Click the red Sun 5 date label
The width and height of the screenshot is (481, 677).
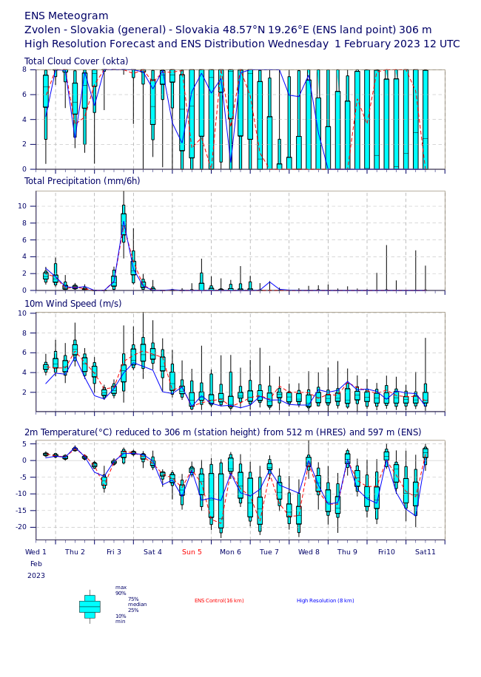point(192,552)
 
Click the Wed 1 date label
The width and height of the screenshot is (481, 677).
point(36,552)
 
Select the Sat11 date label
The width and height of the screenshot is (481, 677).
point(425,552)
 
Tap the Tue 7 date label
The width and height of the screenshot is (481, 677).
point(269,552)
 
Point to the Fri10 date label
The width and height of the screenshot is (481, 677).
point(386,552)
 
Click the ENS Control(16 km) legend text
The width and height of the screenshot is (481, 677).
point(219,601)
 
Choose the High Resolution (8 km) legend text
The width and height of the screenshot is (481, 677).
point(325,601)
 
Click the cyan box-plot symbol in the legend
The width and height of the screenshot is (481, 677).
point(90,606)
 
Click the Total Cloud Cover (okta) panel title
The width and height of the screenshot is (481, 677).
point(76,61)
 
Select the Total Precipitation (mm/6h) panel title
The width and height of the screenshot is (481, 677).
point(82,181)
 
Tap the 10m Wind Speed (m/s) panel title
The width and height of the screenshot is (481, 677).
point(73,304)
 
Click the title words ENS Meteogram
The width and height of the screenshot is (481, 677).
point(67,16)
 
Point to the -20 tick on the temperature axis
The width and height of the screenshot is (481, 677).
point(21,527)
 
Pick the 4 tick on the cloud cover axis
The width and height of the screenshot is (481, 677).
point(24,119)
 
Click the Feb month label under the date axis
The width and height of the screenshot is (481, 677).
point(36,564)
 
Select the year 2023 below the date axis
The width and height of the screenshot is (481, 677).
point(36,576)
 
